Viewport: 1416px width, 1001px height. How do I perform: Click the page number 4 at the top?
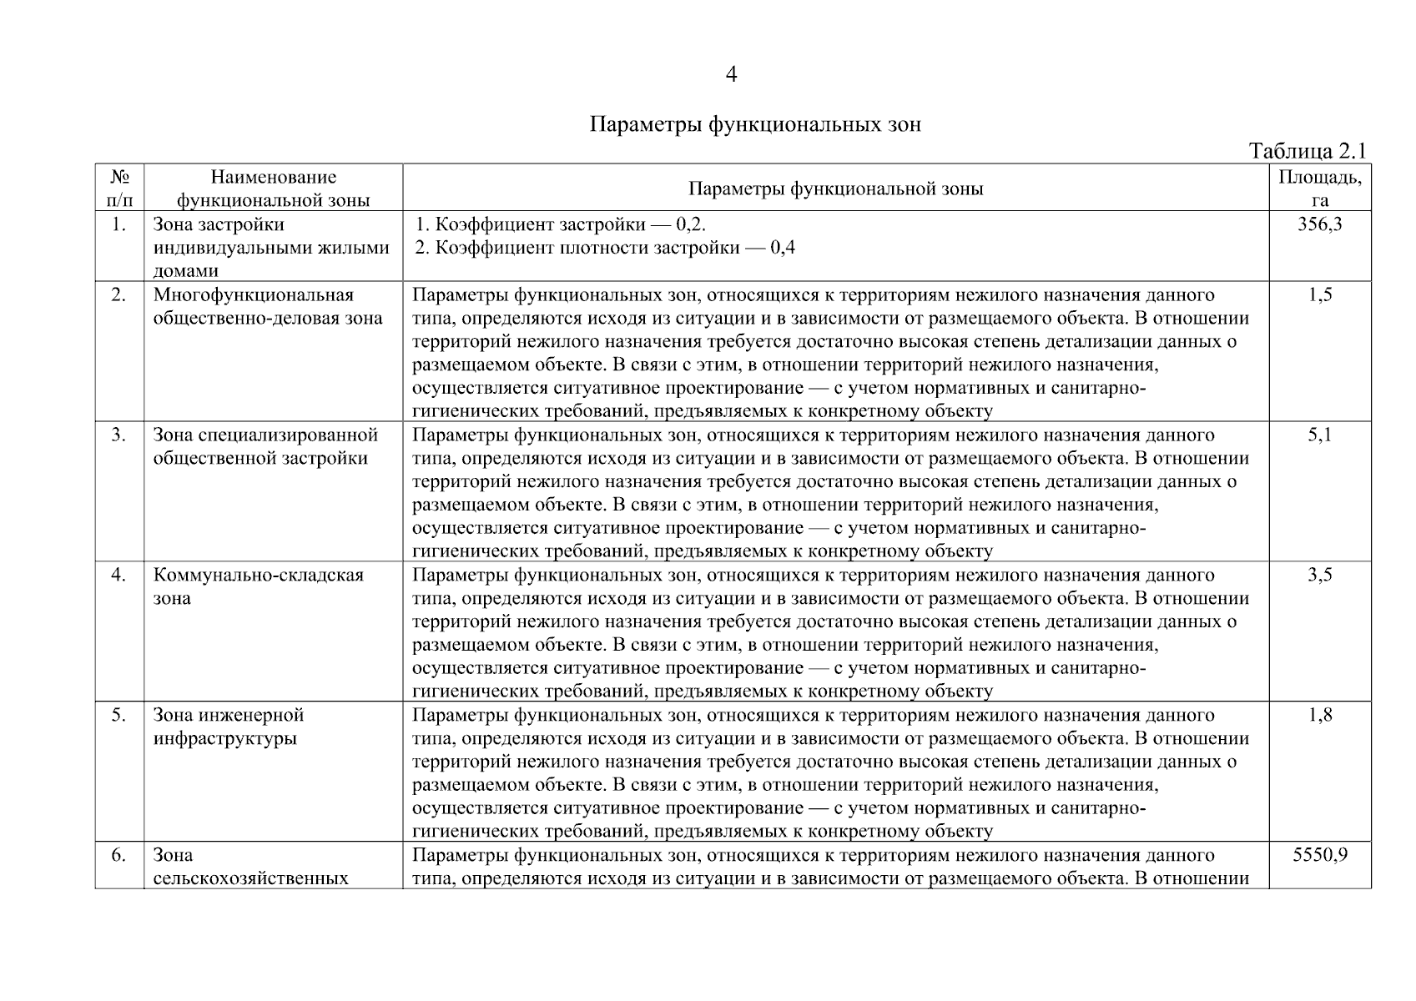click(731, 75)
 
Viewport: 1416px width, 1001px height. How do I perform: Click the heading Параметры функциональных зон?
click(755, 125)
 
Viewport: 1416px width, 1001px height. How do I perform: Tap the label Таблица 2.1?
click(1307, 151)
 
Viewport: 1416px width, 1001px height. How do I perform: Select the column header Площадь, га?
click(1319, 188)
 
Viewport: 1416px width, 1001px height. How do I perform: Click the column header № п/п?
click(119, 188)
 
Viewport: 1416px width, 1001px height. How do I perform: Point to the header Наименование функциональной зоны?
click(274, 188)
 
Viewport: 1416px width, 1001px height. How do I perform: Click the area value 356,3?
click(1319, 224)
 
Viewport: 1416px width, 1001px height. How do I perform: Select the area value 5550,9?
click(1319, 855)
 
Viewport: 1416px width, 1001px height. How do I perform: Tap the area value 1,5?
click(1320, 294)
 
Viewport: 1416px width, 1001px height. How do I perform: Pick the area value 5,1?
click(1320, 435)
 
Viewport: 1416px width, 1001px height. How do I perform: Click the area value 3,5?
click(1320, 575)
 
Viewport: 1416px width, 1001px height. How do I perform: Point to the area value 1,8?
click(1320, 715)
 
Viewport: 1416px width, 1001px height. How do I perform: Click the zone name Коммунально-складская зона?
click(258, 586)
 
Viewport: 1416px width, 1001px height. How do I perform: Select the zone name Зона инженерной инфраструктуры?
click(228, 727)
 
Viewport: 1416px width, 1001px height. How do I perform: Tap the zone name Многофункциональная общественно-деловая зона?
click(267, 306)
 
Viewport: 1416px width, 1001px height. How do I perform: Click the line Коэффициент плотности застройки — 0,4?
click(606, 248)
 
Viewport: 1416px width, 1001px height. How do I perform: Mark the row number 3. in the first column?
click(119, 435)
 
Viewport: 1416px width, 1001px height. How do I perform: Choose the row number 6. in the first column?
click(119, 855)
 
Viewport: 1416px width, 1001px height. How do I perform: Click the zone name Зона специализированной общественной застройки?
click(265, 446)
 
